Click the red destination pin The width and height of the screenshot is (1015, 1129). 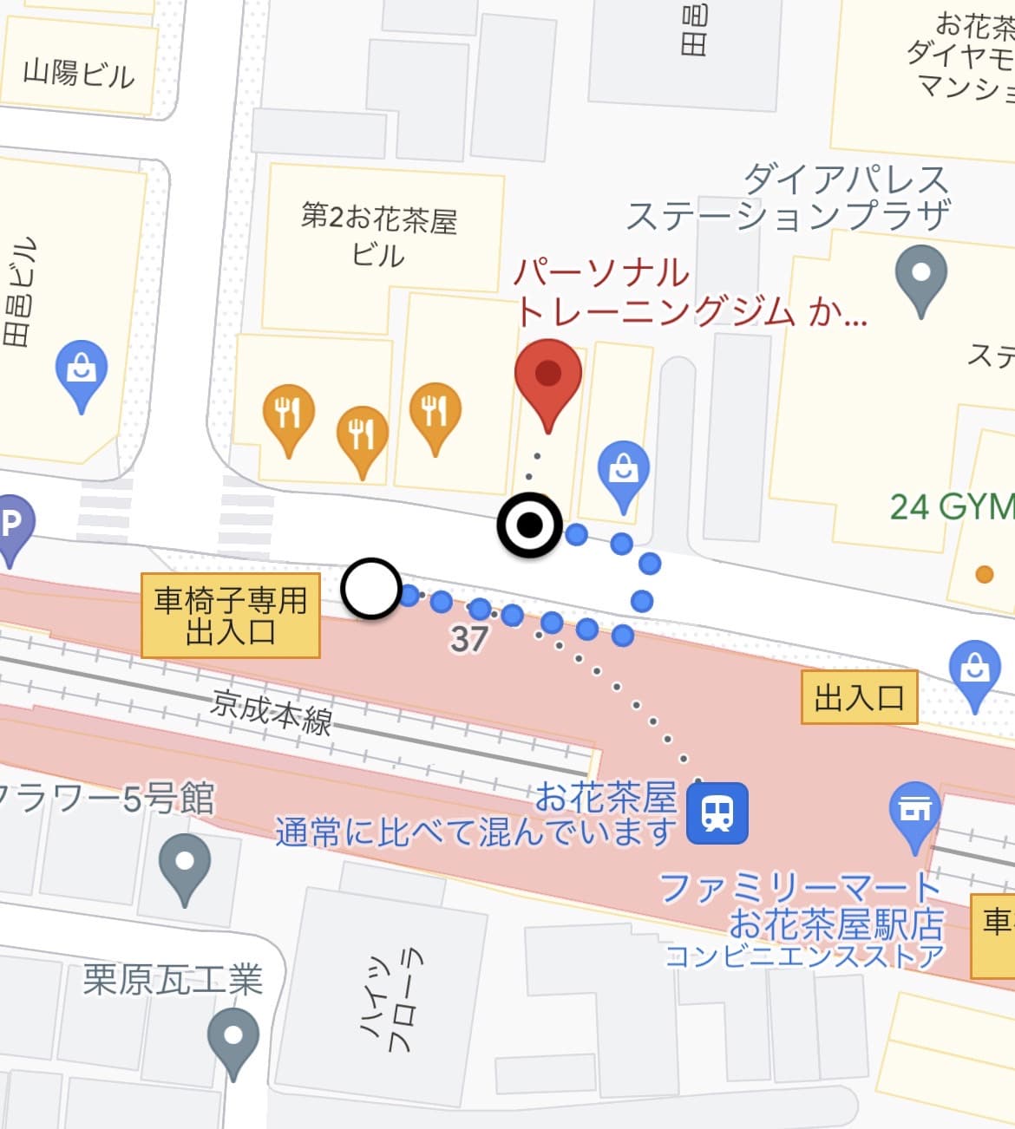point(547,376)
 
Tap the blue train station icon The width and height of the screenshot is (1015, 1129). point(717,812)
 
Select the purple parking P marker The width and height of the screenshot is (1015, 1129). point(11,525)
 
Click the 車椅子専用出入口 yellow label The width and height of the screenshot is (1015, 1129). point(231,616)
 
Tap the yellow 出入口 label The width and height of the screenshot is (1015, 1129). point(858,697)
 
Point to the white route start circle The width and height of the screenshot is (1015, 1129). point(371,588)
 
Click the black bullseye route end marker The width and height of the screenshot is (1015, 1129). point(529,525)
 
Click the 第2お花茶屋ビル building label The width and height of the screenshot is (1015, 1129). point(379,235)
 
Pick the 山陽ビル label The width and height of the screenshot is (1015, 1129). point(79,74)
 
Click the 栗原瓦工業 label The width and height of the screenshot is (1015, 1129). point(173,980)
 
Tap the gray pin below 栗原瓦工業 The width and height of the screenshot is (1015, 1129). point(233,1037)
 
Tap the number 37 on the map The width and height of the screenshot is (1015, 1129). point(469,639)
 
